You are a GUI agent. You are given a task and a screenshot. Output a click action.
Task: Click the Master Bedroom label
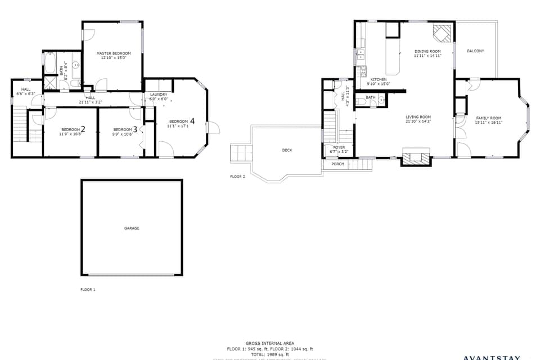pos(113,53)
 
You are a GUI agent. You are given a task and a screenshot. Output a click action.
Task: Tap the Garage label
pos(132,228)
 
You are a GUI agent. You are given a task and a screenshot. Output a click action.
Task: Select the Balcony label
pos(475,51)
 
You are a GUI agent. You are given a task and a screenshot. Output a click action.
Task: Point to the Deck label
pos(287,150)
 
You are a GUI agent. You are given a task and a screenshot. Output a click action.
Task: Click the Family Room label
pos(488,118)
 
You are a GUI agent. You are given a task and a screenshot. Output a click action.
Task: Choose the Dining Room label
pos(427,51)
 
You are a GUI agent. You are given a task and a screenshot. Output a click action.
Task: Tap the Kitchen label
pos(378,80)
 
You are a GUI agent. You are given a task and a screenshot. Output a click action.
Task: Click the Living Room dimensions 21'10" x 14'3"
pos(418,121)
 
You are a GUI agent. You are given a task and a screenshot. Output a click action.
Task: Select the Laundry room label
pos(159,94)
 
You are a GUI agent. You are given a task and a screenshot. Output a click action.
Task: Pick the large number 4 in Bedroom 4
pos(192,121)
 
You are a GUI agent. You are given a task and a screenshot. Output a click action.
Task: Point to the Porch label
pos(337,164)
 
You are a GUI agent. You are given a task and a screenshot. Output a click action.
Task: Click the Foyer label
pos(339,147)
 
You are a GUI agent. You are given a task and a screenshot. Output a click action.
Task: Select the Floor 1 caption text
pos(88,290)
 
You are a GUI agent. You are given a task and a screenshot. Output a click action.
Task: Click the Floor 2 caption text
pos(237,177)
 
